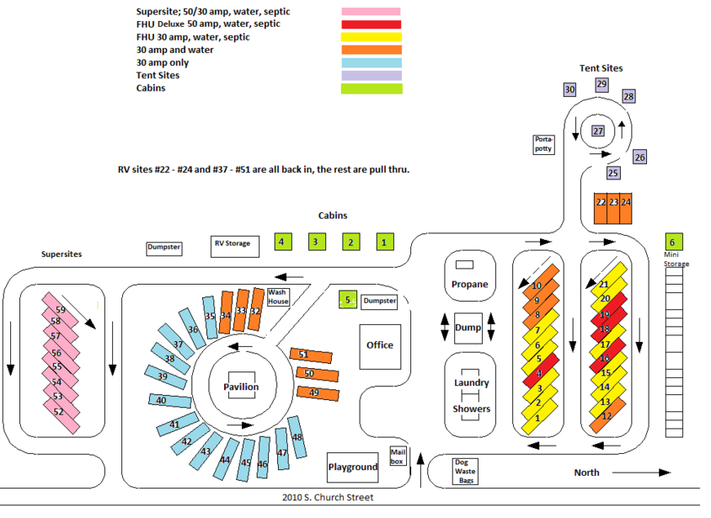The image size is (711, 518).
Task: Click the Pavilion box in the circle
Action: pos(241,386)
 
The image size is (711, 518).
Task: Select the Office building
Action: pos(380,347)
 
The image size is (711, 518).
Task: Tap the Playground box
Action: pos(353,467)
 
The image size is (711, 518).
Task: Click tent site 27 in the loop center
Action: pos(598,131)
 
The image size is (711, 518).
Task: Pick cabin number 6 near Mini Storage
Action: pos(673,242)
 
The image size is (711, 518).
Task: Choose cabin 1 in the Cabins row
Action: pos(385,242)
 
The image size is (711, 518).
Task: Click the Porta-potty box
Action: pos(543,145)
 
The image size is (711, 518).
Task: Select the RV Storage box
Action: pos(235,247)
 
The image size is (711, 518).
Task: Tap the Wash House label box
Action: pos(278,297)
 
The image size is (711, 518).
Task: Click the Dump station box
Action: pos(468,328)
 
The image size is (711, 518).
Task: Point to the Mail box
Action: pos(398,457)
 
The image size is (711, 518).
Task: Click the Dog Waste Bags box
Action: pos(465,472)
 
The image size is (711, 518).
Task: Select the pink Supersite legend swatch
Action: pos(371,12)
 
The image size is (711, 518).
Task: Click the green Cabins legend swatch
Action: pos(372,88)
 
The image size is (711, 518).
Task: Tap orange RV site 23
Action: pos(613,209)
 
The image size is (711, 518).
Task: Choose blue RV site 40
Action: pos(170,401)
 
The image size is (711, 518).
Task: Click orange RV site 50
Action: pos(318,374)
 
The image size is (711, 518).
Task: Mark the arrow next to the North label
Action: pos(641,473)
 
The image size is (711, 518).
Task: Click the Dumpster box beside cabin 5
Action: pos(380,301)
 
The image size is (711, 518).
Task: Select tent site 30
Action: pos(570,89)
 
